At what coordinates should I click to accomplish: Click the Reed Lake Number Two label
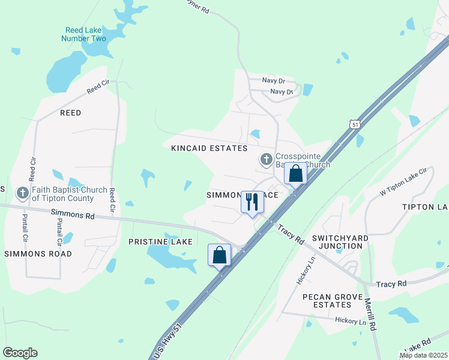pyautogui.click(x=83, y=34)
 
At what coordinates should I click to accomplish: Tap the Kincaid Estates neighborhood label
pyautogui.click(x=209, y=148)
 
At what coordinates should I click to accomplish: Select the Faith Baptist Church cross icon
pyautogui.click(x=23, y=193)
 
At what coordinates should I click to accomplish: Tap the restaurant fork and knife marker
pyautogui.click(x=252, y=202)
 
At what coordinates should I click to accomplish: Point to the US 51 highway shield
pyautogui.click(x=355, y=124)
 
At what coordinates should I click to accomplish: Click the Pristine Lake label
pyautogui.click(x=160, y=242)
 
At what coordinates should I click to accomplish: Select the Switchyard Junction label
pyautogui.click(x=343, y=242)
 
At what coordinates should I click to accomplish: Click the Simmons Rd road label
pyautogui.click(x=73, y=214)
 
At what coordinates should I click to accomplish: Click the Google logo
pyautogui.click(x=20, y=353)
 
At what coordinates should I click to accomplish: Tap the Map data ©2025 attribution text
pyautogui.click(x=423, y=355)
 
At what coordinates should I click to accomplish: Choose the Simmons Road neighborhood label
pyautogui.click(x=38, y=254)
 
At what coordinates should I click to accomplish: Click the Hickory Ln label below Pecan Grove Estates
pyautogui.click(x=351, y=321)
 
